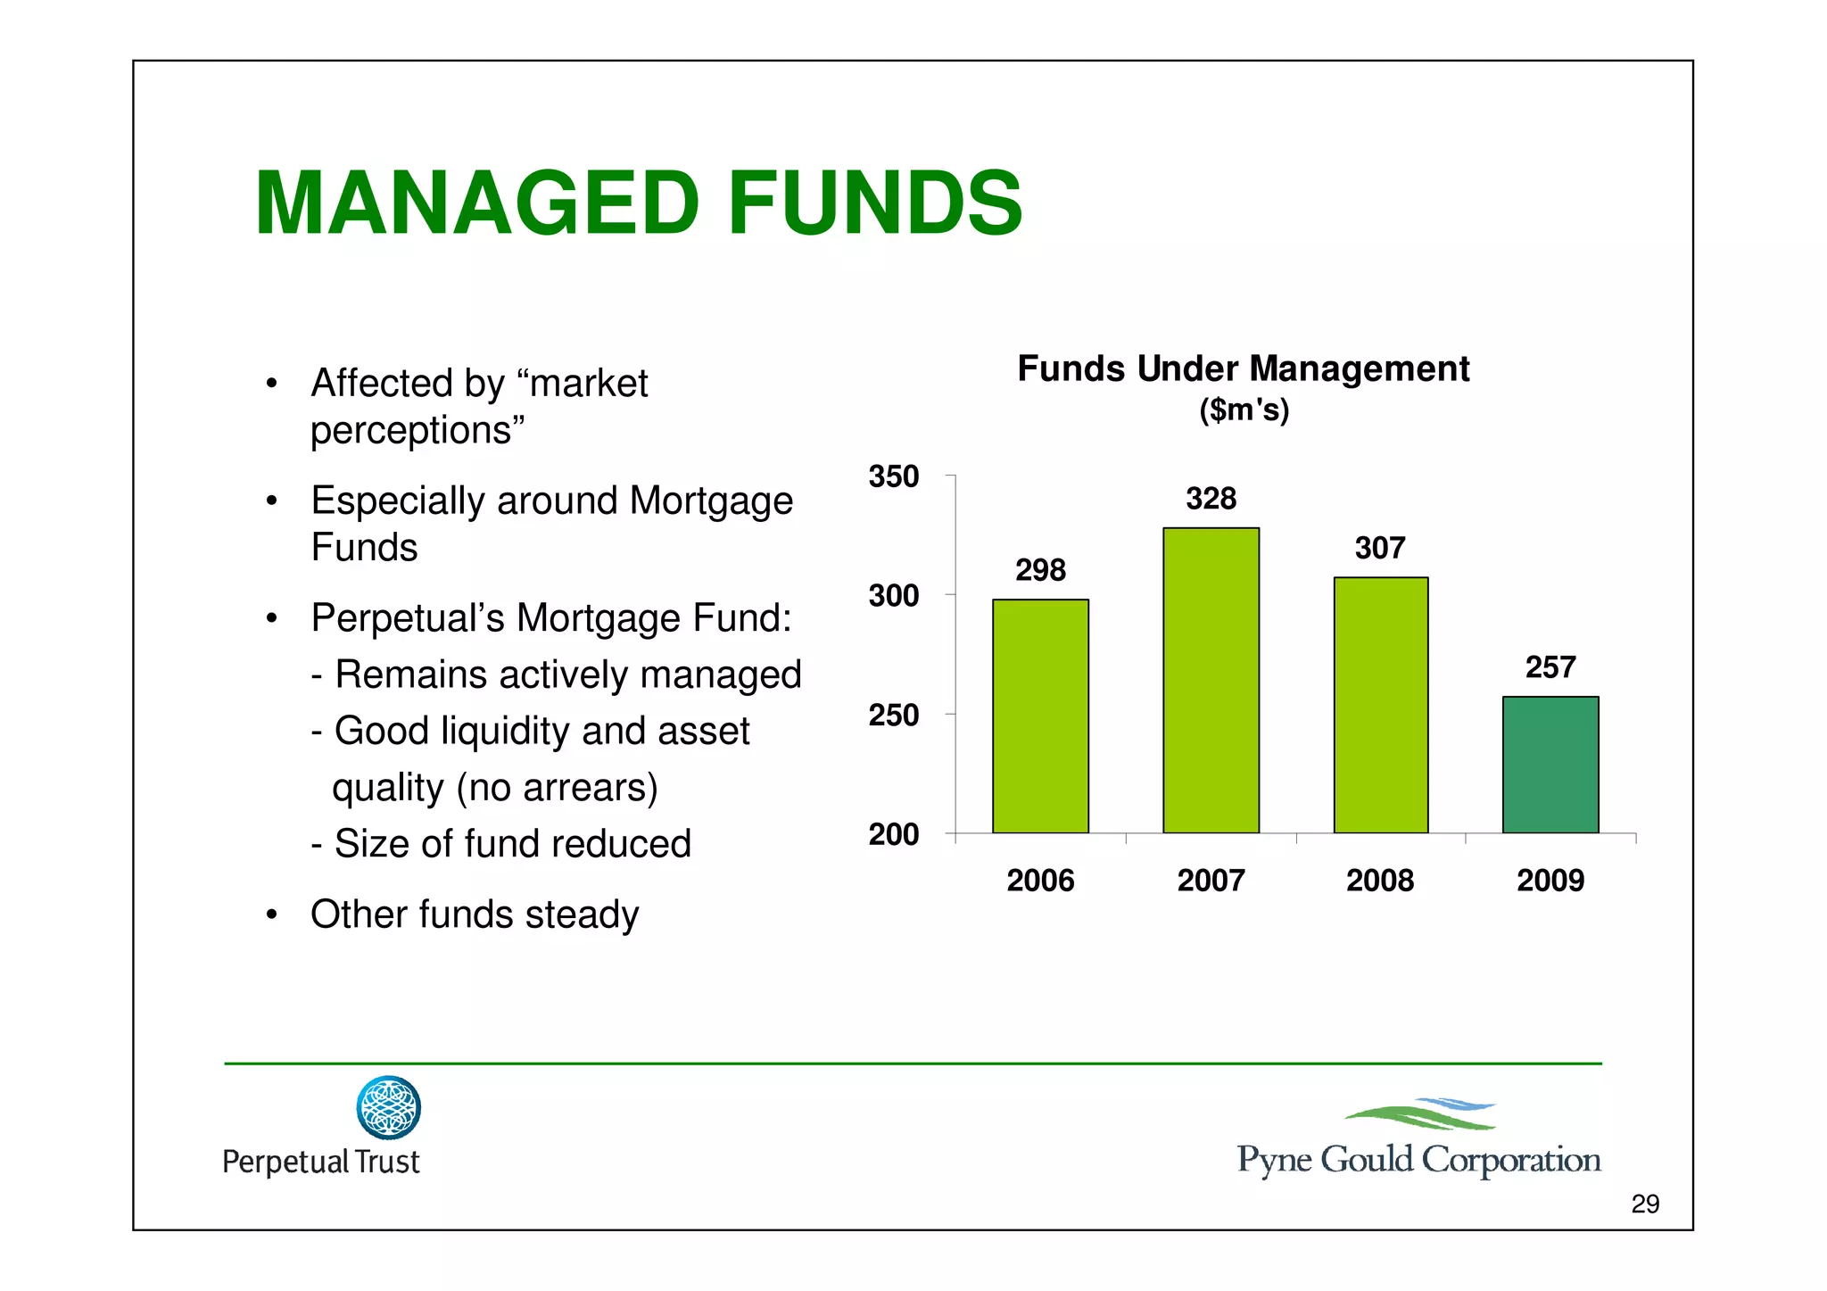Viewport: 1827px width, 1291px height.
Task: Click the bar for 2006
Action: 1040,716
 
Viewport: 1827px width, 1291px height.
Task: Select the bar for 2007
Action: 1211,681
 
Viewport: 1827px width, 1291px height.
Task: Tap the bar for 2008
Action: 1380,705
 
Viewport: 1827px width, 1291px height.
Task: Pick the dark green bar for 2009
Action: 1550,765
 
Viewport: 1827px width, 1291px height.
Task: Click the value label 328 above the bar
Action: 1211,498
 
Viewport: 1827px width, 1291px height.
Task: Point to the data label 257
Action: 1550,666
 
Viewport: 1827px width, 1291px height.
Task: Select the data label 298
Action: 1040,569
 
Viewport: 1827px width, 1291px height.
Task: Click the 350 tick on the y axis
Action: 894,476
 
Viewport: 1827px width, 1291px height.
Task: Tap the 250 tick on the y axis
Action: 894,715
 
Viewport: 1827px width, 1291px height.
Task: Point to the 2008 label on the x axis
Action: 1380,881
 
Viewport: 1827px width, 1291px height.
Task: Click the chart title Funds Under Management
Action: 1243,368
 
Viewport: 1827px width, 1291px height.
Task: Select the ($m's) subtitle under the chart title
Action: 1244,410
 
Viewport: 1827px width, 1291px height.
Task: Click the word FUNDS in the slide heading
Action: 875,204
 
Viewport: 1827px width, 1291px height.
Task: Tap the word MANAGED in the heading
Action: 477,204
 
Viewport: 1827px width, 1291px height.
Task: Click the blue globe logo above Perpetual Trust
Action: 388,1107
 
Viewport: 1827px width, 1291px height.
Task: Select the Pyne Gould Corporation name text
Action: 1418,1160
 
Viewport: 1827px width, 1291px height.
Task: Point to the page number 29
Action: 1645,1204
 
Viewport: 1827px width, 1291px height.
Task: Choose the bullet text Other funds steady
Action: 475,914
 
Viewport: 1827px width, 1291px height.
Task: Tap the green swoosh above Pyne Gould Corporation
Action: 1414,1117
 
